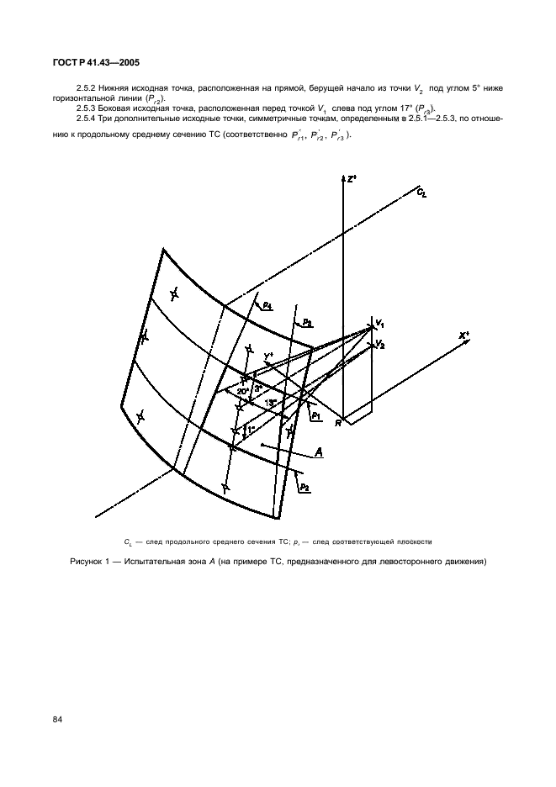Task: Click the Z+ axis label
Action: point(352,179)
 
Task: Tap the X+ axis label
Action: point(463,335)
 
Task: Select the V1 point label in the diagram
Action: point(380,323)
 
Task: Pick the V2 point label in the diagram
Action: point(380,344)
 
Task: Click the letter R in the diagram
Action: point(336,423)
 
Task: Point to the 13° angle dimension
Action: point(271,403)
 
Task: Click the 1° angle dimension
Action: point(249,430)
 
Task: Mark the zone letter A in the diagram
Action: point(320,453)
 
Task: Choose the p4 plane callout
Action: point(266,307)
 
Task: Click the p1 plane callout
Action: point(315,415)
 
